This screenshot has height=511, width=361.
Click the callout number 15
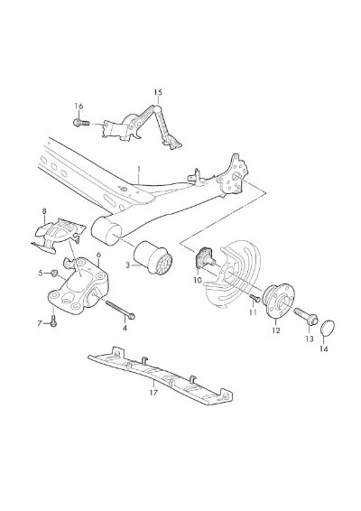(158, 93)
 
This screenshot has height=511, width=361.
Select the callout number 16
(79, 107)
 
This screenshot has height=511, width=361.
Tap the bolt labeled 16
(81, 123)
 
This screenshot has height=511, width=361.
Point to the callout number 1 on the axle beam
(139, 170)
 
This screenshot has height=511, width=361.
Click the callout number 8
(44, 211)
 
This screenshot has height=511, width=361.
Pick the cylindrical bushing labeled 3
(153, 261)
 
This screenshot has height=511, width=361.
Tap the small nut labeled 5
(55, 273)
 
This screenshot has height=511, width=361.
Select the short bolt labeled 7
(54, 319)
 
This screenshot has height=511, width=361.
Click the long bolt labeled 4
(120, 309)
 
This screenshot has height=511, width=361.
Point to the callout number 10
(198, 280)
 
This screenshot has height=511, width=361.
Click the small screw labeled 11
(255, 298)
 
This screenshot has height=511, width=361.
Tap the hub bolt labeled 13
(306, 316)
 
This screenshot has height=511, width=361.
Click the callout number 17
(153, 393)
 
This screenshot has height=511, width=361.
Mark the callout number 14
(323, 348)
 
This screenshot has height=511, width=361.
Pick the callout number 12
(275, 330)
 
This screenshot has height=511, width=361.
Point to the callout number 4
(125, 328)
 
